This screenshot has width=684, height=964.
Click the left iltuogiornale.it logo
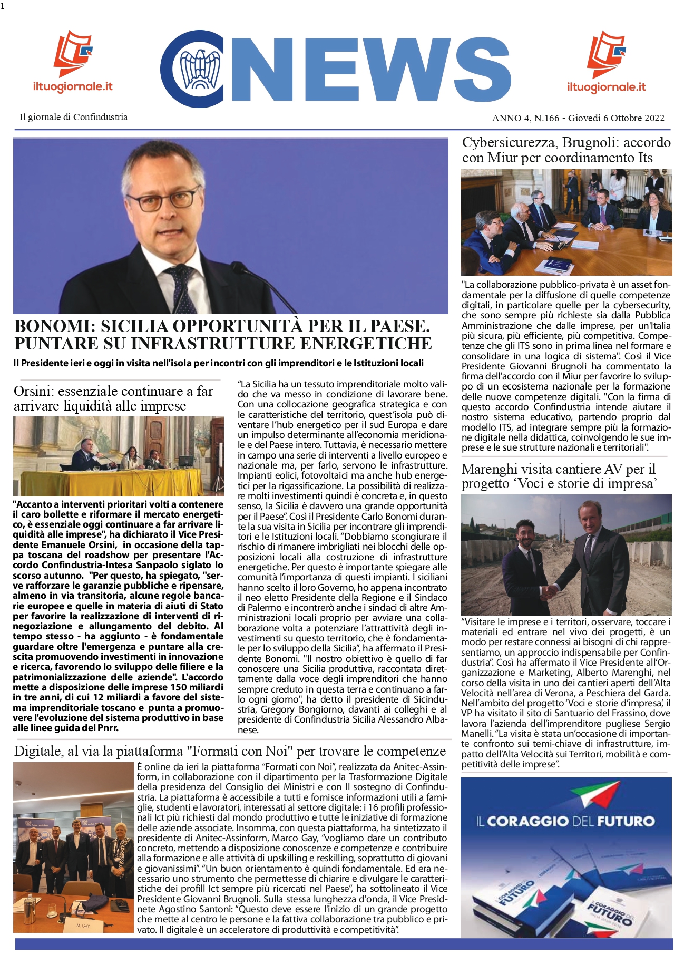(73, 61)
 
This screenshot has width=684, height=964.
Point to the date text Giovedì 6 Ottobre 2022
(616, 118)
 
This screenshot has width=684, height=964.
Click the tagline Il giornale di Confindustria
(73, 117)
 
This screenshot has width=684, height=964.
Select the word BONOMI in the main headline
(53, 326)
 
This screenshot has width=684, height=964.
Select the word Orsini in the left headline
(32, 391)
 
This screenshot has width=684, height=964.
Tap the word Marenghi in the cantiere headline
(490, 469)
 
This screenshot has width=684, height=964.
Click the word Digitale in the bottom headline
(38, 751)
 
